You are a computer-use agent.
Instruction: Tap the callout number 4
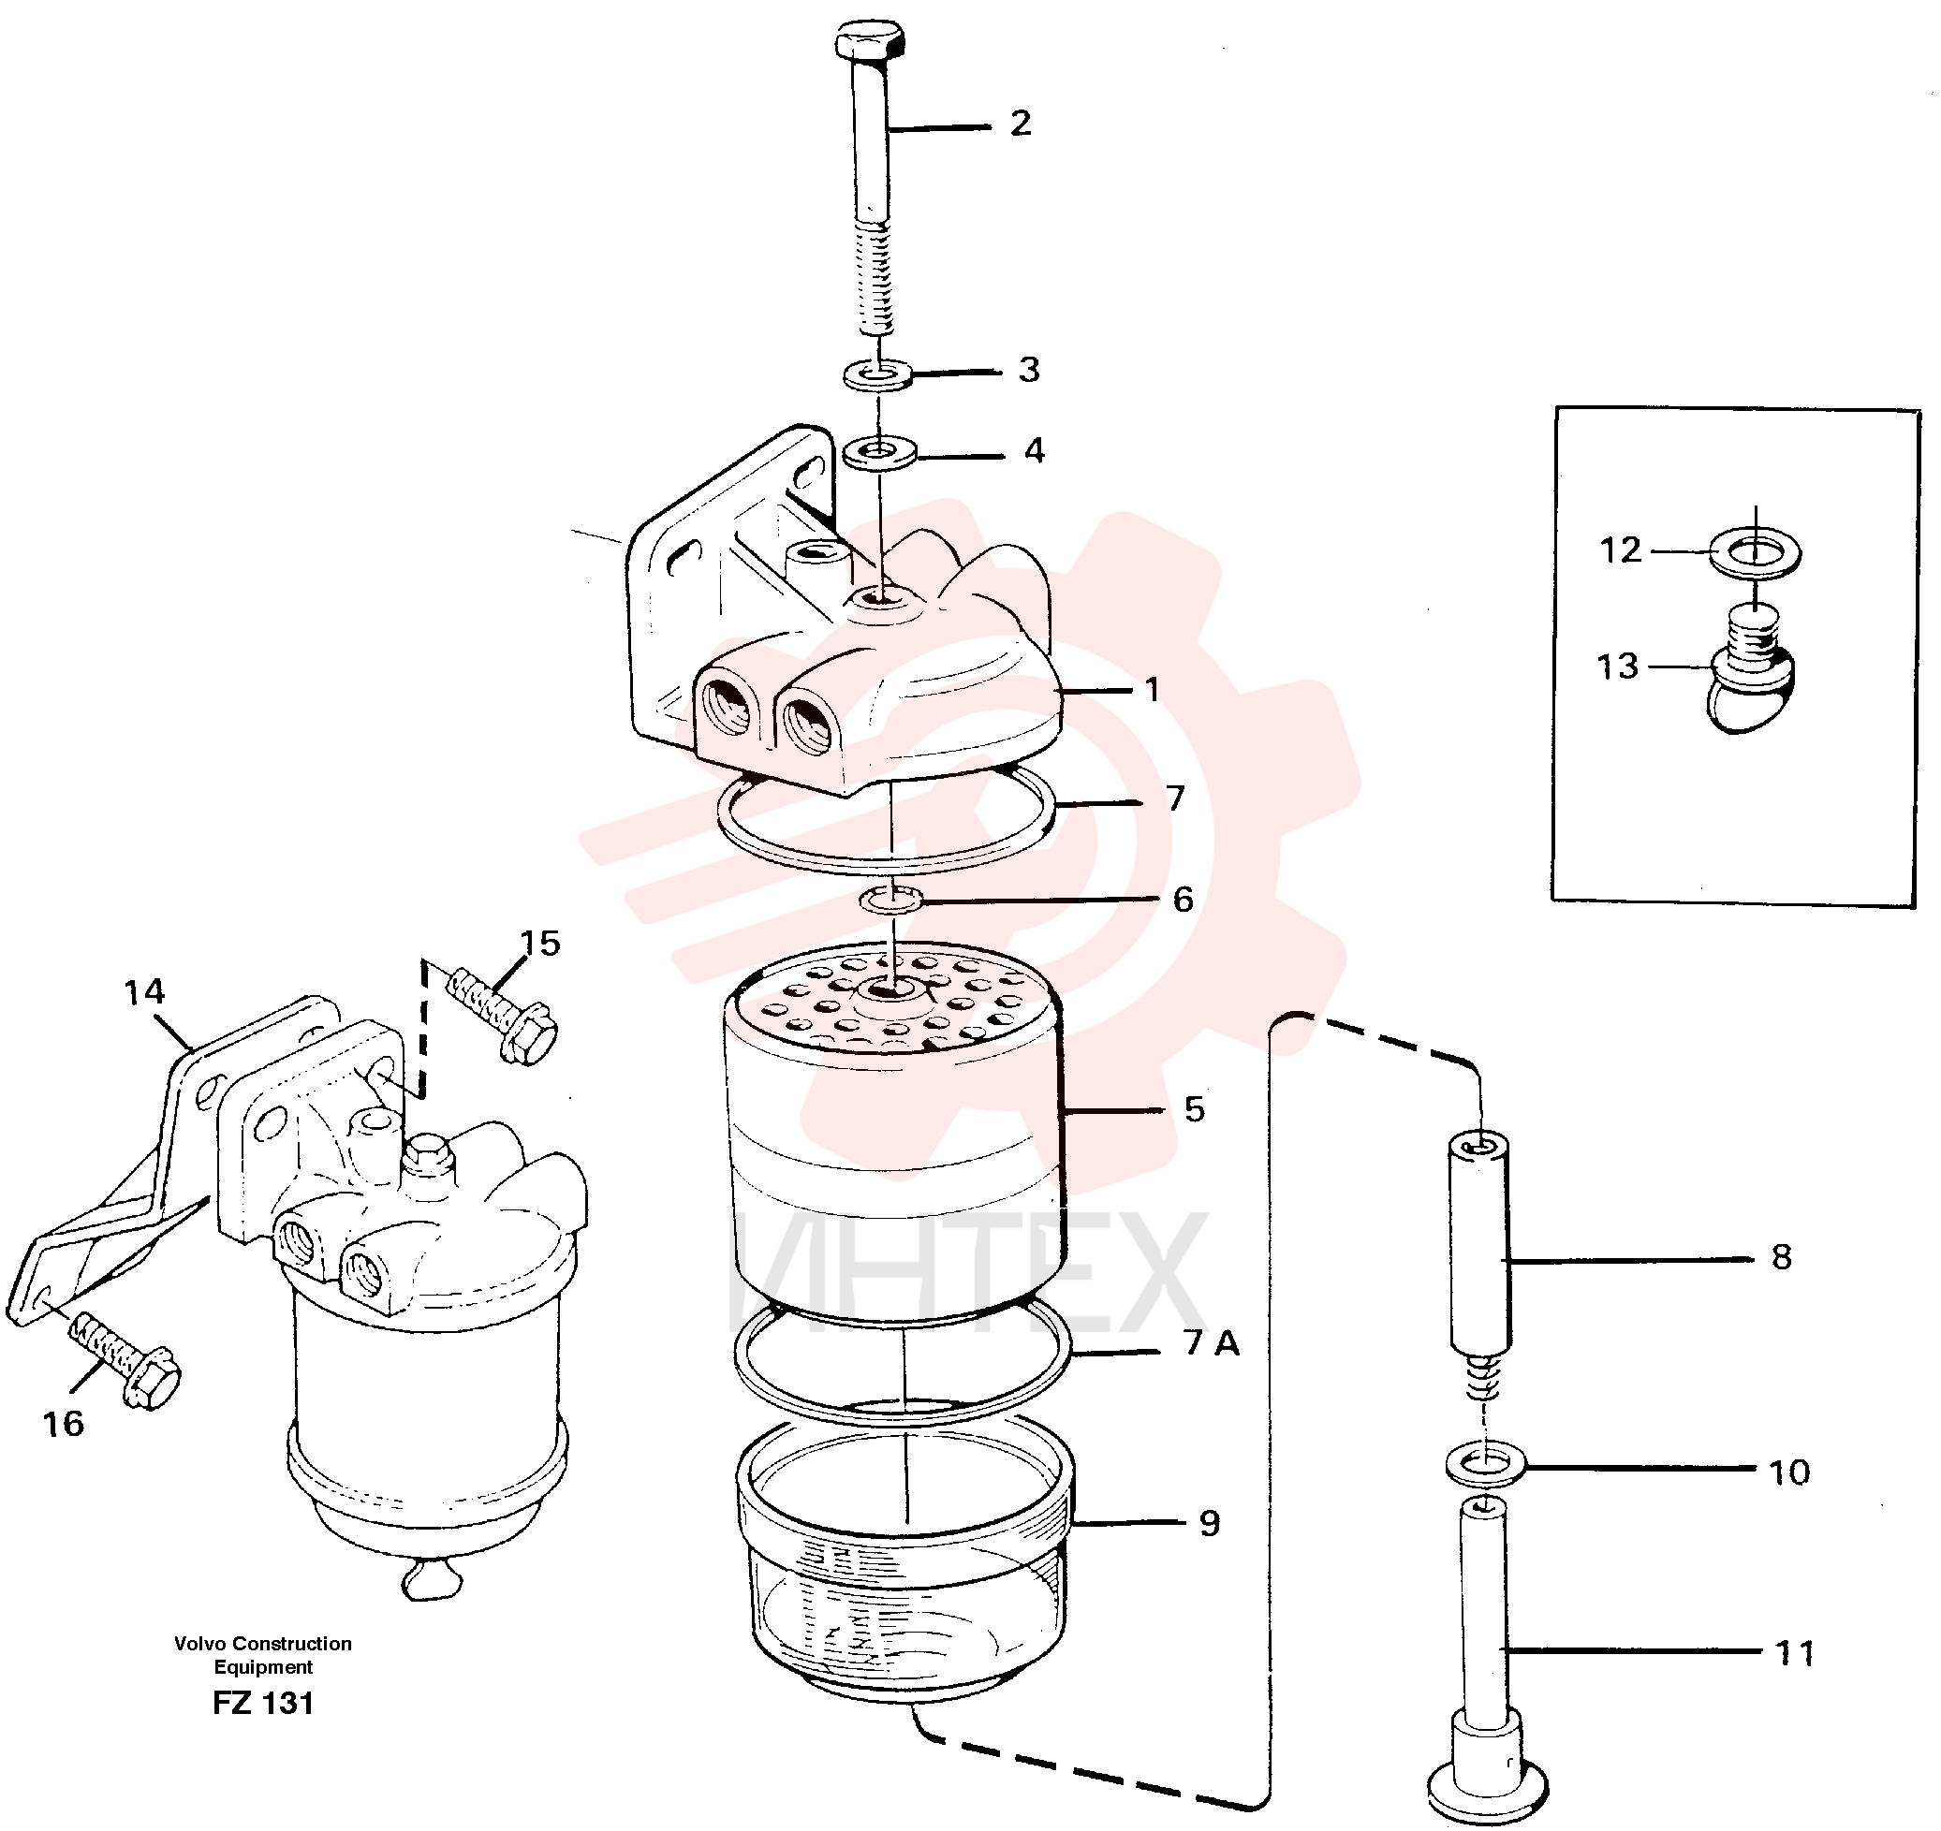point(1035,450)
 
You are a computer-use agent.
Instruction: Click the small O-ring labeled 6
point(891,899)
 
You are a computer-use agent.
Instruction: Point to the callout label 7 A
point(1212,1343)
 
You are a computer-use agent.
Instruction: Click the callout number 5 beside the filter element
point(1195,1108)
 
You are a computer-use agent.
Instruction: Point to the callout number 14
point(144,992)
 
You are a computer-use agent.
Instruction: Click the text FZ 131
point(264,1703)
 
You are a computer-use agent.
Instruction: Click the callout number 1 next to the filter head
point(1152,690)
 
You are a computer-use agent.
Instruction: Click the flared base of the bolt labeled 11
point(1486,1789)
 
